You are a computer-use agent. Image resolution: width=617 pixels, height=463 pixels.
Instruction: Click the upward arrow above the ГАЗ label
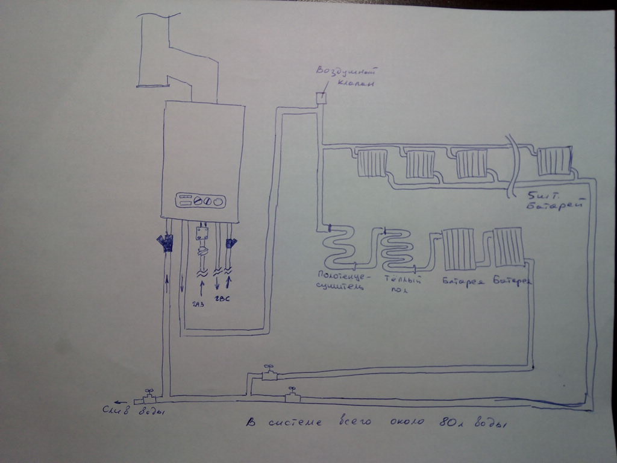(201, 284)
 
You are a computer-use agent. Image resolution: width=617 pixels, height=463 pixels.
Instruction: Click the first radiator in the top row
(372, 163)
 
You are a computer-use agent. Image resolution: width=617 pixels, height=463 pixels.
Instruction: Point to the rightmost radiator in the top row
(553, 161)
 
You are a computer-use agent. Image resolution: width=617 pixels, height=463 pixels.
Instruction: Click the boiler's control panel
(201, 200)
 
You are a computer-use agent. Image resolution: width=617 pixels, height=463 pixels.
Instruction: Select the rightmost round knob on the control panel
(219, 201)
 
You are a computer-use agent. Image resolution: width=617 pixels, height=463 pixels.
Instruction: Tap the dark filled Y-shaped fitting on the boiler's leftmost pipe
(164, 243)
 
